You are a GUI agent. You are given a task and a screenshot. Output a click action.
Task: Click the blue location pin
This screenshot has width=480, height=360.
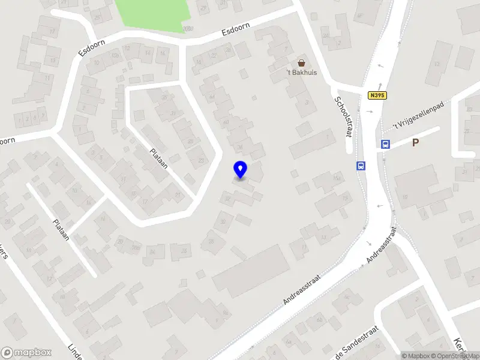[241, 169]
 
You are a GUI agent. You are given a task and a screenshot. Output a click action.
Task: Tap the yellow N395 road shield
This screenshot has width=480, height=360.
[377, 95]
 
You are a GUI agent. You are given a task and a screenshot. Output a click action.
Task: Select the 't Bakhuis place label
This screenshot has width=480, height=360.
[301, 73]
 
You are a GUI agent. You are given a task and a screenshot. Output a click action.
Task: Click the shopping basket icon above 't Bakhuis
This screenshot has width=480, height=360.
[301, 62]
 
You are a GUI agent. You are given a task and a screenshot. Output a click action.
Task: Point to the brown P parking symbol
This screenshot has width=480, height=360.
[415, 143]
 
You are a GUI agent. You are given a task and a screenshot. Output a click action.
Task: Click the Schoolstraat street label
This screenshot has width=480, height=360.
[343, 116]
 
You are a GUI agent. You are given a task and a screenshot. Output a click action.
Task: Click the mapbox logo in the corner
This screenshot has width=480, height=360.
[26, 353]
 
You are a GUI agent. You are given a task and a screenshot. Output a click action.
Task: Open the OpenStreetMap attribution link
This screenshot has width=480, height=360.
[454, 356]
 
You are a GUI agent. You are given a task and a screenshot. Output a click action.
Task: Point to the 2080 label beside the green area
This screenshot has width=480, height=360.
[188, 28]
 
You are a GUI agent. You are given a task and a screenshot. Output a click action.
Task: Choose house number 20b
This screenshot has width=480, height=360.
[136, 247]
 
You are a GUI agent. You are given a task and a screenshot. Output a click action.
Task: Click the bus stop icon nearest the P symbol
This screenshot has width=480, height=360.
[385, 144]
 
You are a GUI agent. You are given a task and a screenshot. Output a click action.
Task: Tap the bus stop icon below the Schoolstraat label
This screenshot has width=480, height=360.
[361, 166]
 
